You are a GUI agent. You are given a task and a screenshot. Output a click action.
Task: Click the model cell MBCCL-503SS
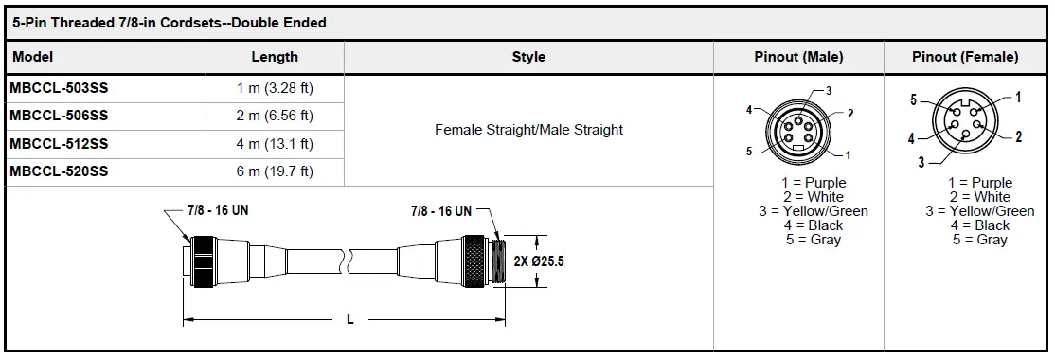click(x=59, y=88)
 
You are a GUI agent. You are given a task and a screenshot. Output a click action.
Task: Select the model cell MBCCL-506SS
click(x=59, y=116)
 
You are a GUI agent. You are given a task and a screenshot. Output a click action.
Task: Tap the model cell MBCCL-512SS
click(x=59, y=144)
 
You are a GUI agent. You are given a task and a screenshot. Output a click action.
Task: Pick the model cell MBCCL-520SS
click(x=59, y=171)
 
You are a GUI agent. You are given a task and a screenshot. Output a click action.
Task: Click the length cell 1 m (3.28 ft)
click(x=275, y=88)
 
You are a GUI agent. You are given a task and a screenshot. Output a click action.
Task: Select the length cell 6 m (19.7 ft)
click(x=275, y=171)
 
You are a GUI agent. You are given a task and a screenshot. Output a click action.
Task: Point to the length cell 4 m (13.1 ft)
click(x=275, y=144)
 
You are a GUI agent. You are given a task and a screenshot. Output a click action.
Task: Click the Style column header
click(x=528, y=57)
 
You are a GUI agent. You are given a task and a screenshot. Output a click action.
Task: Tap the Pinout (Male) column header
click(x=798, y=57)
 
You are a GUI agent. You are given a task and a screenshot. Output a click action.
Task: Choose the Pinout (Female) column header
click(x=965, y=57)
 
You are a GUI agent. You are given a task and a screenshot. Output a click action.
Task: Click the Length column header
click(x=275, y=57)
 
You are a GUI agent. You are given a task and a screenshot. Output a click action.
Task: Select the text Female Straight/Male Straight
click(x=528, y=129)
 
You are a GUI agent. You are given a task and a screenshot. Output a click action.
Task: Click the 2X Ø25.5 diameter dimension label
click(x=538, y=261)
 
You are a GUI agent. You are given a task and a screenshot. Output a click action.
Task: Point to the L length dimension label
click(x=349, y=320)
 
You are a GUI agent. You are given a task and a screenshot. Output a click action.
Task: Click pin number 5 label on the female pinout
click(x=914, y=99)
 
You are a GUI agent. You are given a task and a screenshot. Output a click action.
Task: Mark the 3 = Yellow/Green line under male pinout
click(x=813, y=211)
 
